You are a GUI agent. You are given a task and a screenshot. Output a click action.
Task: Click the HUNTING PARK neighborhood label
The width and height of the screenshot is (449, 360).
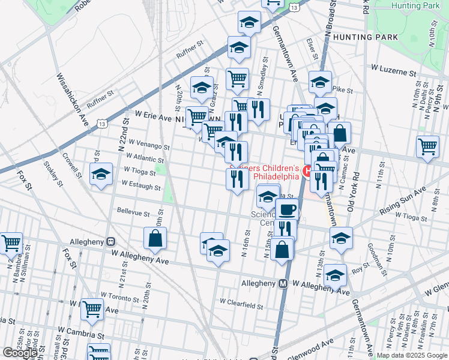point(366,37)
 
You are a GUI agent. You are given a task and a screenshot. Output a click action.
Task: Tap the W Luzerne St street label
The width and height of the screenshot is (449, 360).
point(393,71)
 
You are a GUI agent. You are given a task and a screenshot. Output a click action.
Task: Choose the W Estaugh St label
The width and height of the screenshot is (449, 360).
point(142,188)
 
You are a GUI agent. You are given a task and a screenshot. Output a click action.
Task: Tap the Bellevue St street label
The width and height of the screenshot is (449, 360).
point(133,212)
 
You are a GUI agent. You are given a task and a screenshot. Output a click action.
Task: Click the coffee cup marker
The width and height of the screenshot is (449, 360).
point(288,210)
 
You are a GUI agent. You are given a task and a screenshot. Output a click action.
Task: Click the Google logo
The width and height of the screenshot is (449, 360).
point(20,353)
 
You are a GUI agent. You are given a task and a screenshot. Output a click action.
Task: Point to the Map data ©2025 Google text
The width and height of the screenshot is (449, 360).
point(412,355)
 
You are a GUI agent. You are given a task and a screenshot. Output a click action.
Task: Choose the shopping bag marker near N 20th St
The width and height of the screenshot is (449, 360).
point(155,238)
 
